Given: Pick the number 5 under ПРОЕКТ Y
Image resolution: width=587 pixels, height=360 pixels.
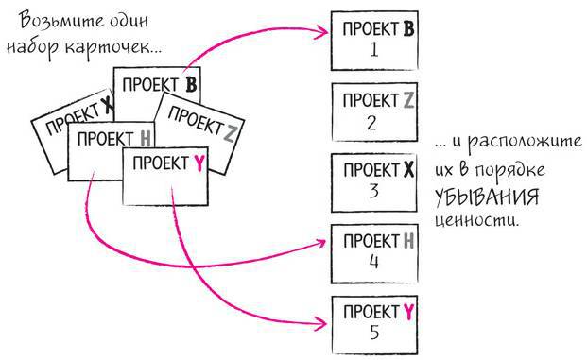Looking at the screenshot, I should pyautogui.click(x=374, y=332).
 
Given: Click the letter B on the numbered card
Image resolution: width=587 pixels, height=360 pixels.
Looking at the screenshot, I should pyautogui.click(x=408, y=29).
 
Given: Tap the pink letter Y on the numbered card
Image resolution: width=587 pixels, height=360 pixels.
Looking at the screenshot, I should pyautogui.click(x=408, y=311).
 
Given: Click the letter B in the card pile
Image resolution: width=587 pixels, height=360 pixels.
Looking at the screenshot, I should pyautogui.click(x=190, y=86).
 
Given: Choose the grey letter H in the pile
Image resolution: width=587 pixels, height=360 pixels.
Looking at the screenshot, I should pyautogui.click(x=145, y=140).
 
